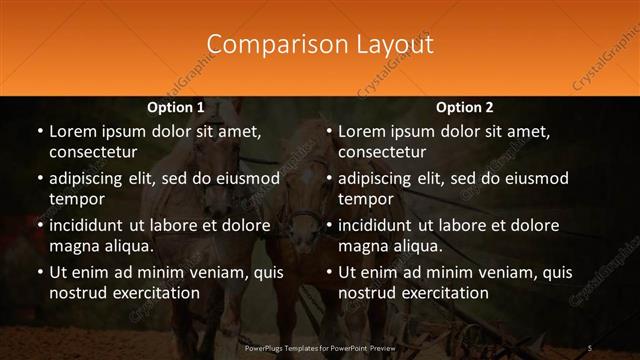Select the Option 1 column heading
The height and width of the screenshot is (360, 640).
[x=176, y=107]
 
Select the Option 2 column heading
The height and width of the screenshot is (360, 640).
[x=465, y=107]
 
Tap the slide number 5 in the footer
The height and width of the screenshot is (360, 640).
[x=590, y=347]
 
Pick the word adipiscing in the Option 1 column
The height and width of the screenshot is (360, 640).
[x=91, y=178]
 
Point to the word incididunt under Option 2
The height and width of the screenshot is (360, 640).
[x=381, y=225]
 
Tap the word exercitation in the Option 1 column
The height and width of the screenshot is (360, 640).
[x=154, y=293]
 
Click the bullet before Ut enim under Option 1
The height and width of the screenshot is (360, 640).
[x=39, y=272]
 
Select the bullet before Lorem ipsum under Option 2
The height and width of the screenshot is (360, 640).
[x=328, y=131]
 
